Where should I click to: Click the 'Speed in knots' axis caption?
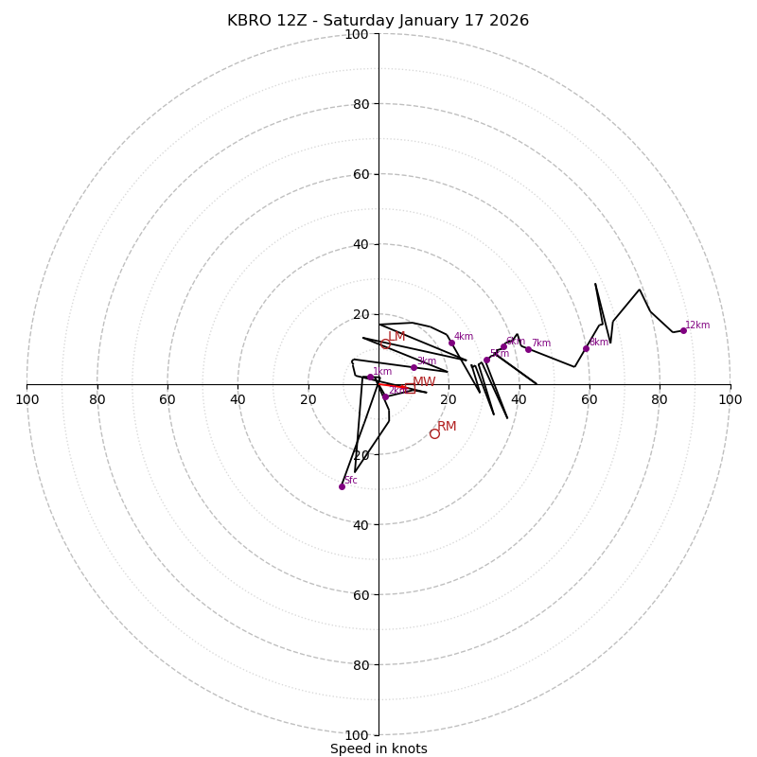coord(378,748)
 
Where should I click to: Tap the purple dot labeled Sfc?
coord(342,486)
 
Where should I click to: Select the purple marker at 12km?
coord(683,330)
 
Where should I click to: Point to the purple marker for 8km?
coord(586,348)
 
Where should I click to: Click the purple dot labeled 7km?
coord(528,349)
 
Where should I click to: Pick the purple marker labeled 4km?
coord(451,343)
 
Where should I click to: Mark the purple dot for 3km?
coord(414,367)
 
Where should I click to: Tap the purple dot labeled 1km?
coord(370,377)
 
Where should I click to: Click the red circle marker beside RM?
coord(434,433)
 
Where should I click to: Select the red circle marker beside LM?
coord(385,343)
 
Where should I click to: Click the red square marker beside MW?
coord(410,389)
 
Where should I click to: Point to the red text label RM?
coord(447,427)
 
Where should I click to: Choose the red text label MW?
coord(424,382)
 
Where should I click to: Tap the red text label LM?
coord(396,336)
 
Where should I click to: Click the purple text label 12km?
coord(697,326)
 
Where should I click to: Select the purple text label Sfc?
coord(350,481)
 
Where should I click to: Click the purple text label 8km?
coord(598,343)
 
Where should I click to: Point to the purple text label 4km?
coord(464,337)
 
